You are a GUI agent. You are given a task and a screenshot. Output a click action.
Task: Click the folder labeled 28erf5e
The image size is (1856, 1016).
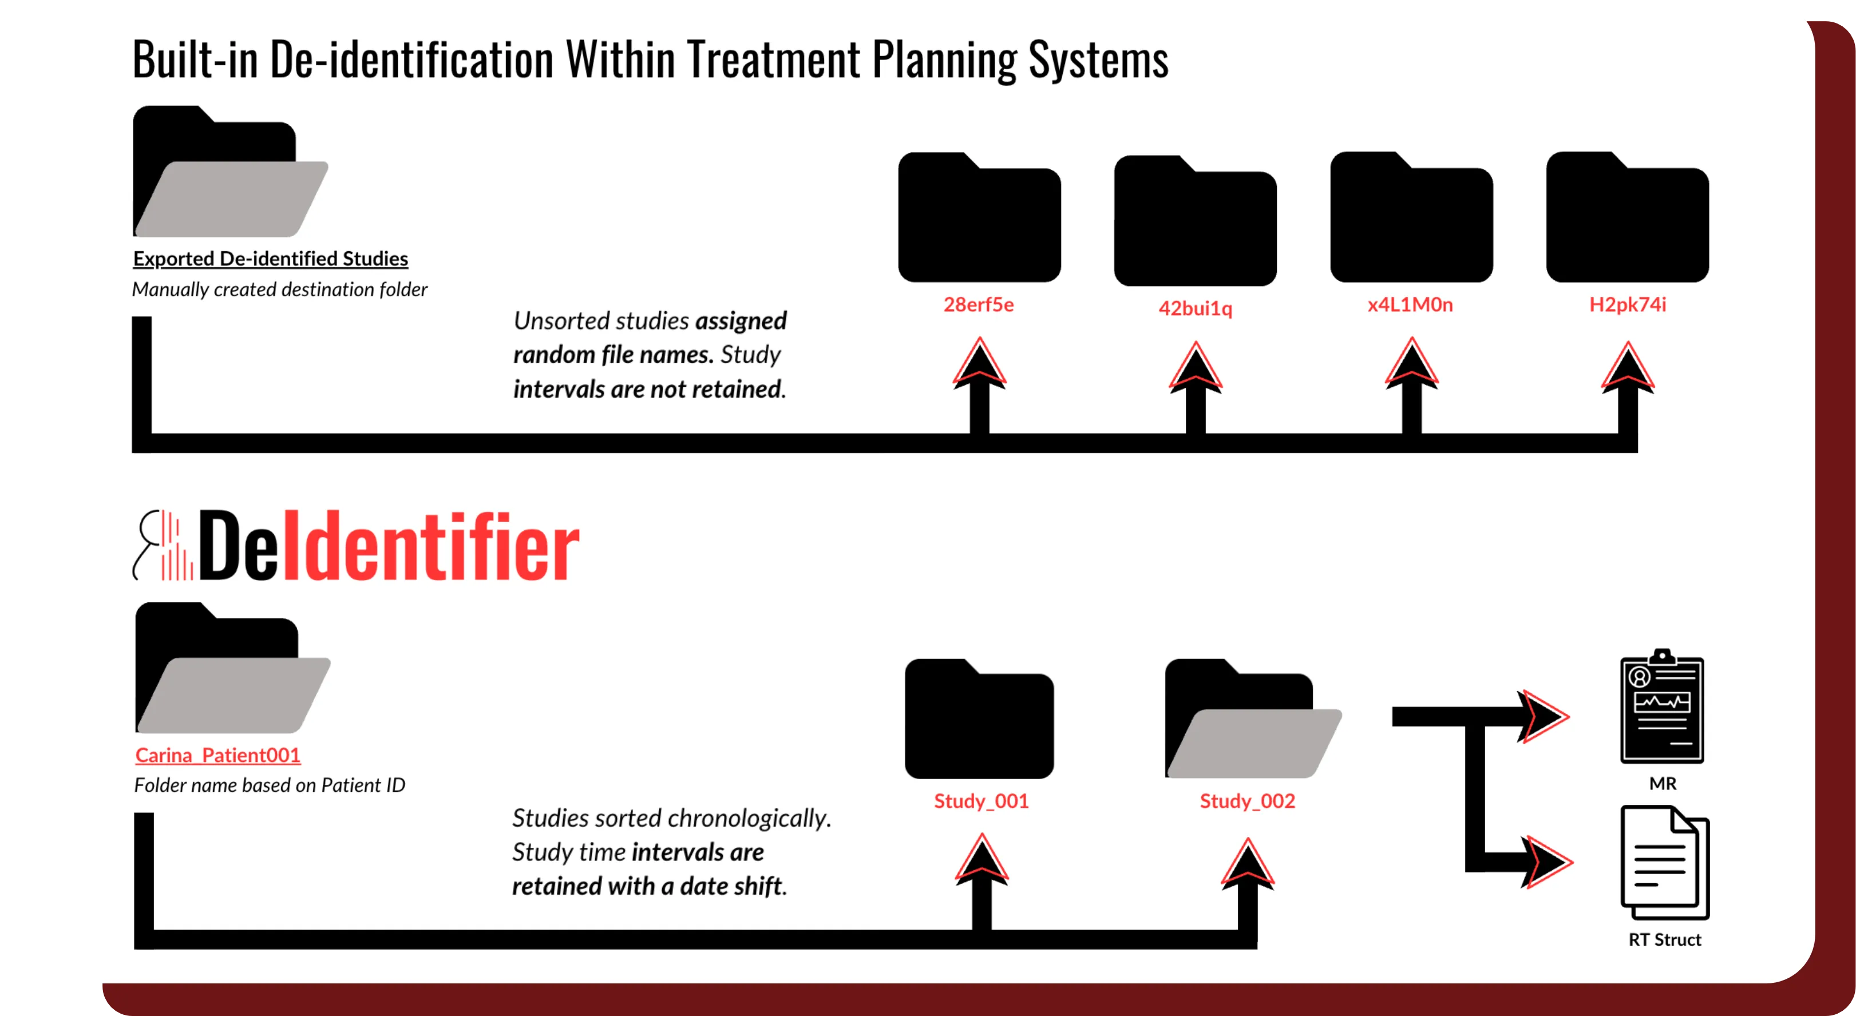(979, 218)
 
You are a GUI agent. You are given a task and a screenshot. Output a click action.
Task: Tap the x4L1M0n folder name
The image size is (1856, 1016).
(1410, 304)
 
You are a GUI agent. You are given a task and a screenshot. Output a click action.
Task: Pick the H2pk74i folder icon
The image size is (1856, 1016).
(1627, 218)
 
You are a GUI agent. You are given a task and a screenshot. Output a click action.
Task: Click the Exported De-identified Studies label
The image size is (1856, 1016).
(270, 259)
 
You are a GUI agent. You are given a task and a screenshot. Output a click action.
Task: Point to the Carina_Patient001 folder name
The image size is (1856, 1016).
(217, 755)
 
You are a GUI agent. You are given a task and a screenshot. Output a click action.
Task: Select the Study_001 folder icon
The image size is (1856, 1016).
(979, 719)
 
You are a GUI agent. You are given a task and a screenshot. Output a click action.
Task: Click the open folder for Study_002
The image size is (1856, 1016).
(1252, 721)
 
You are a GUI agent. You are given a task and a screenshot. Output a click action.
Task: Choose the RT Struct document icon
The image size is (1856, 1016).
(1664, 863)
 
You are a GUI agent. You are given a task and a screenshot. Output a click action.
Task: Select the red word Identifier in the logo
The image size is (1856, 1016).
(431, 546)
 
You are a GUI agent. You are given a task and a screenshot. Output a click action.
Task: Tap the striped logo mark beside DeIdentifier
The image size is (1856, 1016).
(164, 546)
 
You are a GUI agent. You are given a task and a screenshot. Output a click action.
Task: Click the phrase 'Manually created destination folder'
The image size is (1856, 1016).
(279, 289)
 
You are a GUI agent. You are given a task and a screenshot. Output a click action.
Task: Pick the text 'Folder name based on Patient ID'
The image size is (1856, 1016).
(270, 785)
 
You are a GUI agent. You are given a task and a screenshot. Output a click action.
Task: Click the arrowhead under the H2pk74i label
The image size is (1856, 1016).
(1627, 368)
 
